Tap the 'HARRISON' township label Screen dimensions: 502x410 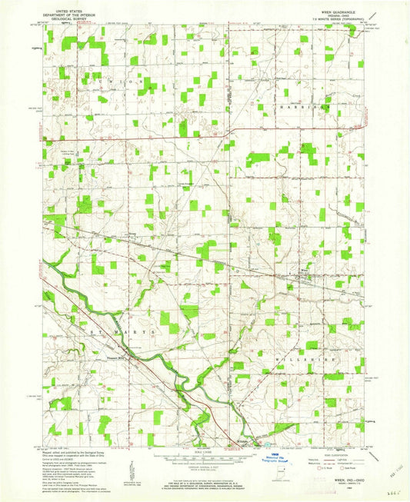coord(302,108)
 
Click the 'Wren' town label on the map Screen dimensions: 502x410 coord(305,271)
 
